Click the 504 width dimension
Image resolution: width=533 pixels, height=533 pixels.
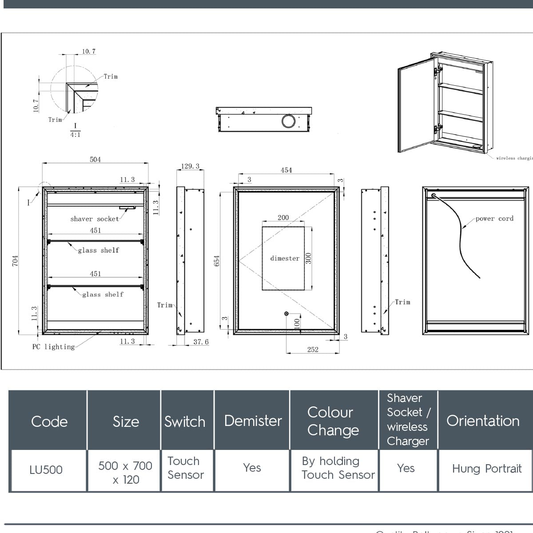[95, 159]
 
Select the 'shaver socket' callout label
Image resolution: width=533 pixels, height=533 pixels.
[95, 219]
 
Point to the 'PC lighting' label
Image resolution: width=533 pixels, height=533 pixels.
[53, 347]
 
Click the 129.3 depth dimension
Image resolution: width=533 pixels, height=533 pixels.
[190, 167]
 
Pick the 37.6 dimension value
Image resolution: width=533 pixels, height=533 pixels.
[201, 342]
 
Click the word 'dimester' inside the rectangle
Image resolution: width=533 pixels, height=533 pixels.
[285, 259]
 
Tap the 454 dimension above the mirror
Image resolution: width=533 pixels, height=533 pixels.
[286, 170]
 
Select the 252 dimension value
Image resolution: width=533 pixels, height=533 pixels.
[313, 350]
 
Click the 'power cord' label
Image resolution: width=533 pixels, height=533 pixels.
[494, 219]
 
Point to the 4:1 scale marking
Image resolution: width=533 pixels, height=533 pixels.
[75, 135]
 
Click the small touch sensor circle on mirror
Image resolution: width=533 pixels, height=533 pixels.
[286, 314]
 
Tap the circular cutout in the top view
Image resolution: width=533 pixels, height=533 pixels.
[288, 120]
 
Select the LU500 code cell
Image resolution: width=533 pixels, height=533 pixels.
[46, 470]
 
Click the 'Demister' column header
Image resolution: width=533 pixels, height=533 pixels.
[253, 421]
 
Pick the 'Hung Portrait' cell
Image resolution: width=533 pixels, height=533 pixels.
[486, 469]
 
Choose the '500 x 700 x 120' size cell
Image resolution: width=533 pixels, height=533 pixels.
[125, 473]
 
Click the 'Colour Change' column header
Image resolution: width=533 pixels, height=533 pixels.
[333, 421]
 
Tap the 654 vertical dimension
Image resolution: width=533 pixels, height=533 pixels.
[217, 261]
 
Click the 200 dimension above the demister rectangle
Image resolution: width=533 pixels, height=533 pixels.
[283, 218]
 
